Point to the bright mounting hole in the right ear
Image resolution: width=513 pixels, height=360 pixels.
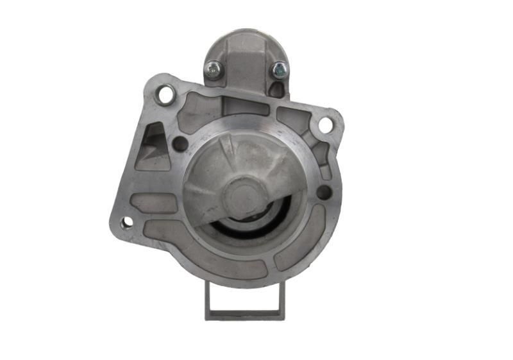326,124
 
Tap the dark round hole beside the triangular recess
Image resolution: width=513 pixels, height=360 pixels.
181,144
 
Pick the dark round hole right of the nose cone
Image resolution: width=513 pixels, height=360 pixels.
324,192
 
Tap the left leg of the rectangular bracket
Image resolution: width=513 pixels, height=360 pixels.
208,298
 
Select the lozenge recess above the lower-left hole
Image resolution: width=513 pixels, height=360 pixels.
153,203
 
